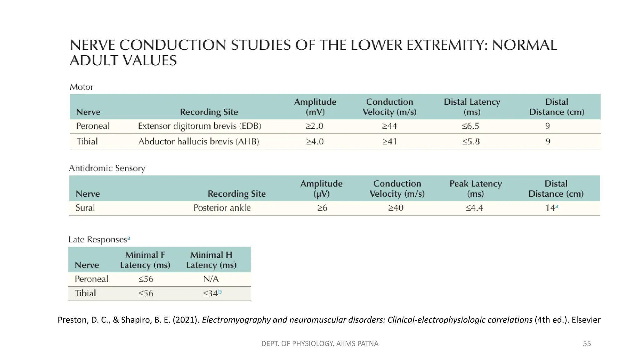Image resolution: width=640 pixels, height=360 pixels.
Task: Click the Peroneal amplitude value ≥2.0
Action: pyautogui.click(x=314, y=126)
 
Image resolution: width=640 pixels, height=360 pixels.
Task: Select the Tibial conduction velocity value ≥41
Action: pyautogui.click(x=390, y=142)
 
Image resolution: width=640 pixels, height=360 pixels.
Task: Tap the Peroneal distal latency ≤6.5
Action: pyautogui.click(x=471, y=126)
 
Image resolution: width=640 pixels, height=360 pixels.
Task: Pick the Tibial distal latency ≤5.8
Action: pyautogui.click(x=471, y=142)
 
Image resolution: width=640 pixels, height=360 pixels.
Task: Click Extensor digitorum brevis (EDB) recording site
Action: pyautogui.click(x=199, y=126)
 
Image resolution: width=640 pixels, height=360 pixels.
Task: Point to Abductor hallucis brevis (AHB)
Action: pyautogui.click(x=199, y=142)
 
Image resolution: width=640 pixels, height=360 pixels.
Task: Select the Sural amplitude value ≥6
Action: pyautogui.click(x=322, y=208)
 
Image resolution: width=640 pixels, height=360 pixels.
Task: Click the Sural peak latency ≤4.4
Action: pyautogui.click(x=474, y=208)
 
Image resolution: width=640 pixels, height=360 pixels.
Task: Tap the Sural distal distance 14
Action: pyautogui.click(x=551, y=208)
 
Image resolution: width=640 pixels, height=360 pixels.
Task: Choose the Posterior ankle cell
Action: pyautogui.click(x=222, y=208)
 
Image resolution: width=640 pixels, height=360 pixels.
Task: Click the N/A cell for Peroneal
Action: pyautogui.click(x=211, y=279)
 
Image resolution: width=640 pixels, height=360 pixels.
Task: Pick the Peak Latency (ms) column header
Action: pyautogui.click(x=475, y=188)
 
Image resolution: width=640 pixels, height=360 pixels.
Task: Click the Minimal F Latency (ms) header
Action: pyautogui.click(x=145, y=260)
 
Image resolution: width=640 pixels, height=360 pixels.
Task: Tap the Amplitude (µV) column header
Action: pyautogui.click(x=321, y=188)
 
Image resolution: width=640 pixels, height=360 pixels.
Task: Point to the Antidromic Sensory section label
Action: pyautogui.click(x=107, y=168)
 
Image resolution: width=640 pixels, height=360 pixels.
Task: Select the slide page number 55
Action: pyautogui.click(x=587, y=343)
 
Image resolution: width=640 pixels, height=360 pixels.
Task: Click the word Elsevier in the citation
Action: pyautogui.click(x=586, y=320)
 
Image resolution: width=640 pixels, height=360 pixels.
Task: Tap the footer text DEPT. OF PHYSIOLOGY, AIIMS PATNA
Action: pyautogui.click(x=320, y=343)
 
